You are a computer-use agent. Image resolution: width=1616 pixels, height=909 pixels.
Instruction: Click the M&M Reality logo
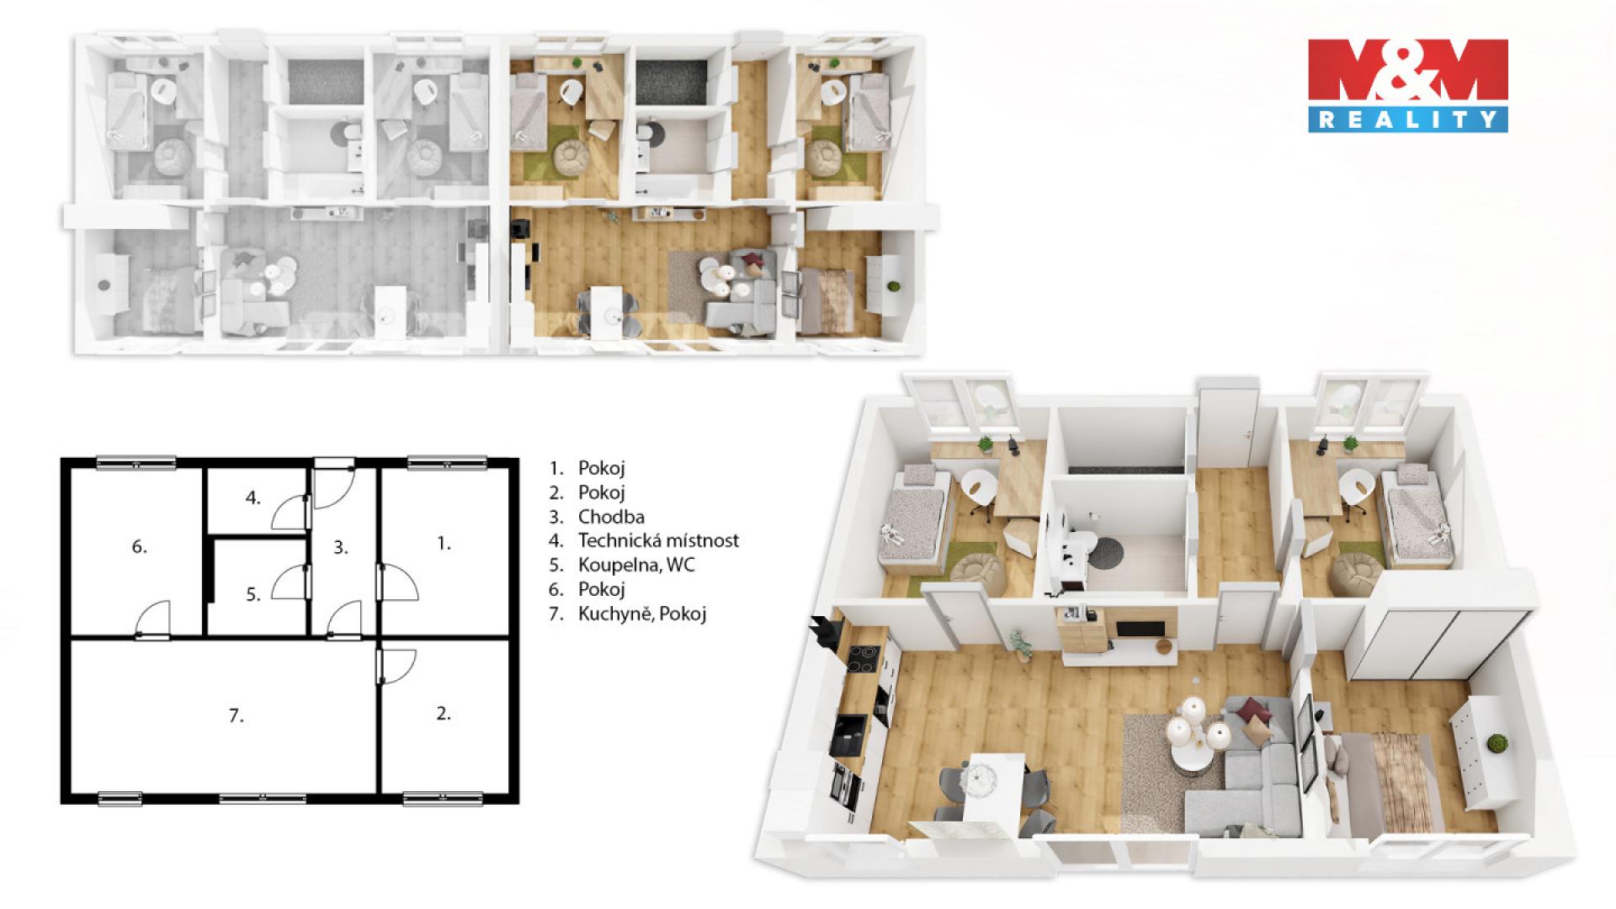pos(1407,85)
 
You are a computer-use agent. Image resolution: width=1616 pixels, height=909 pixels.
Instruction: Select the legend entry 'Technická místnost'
pos(658,540)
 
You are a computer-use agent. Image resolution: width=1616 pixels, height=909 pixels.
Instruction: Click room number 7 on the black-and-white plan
pos(237,716)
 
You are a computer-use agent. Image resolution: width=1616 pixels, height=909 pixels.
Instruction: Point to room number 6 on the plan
pos(140,547)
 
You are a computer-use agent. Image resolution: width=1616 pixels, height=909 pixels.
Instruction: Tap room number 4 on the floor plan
pos(253,497)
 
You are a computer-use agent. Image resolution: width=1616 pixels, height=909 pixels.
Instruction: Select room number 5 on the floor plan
pos(253,594)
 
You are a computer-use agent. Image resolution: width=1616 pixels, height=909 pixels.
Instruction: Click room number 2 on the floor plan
pos(444,714)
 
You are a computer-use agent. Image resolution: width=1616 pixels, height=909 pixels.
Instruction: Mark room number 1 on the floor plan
pos(444,544)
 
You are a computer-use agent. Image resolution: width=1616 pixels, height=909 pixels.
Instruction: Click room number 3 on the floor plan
pos(341,547)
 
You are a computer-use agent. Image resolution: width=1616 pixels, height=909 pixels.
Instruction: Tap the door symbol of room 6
pos(154,620)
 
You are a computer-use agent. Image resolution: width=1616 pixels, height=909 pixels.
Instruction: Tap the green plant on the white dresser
pos(1496,743)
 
